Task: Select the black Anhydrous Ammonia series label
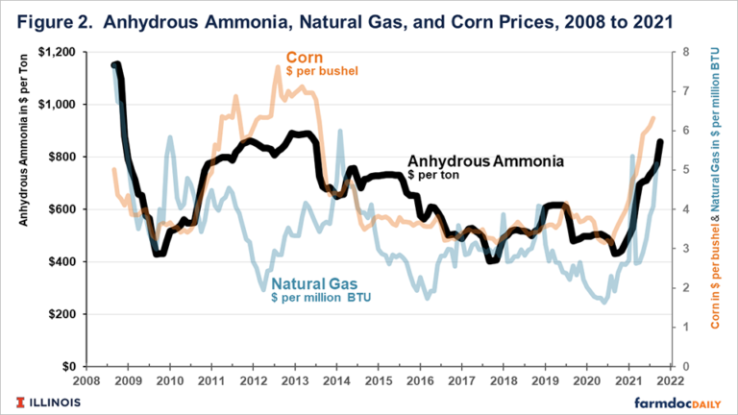point(485,161)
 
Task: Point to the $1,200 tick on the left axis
point(60,51)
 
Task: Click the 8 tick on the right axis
point(680,52)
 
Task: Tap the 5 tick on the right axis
point(680,170)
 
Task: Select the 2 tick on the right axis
point(680,288)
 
